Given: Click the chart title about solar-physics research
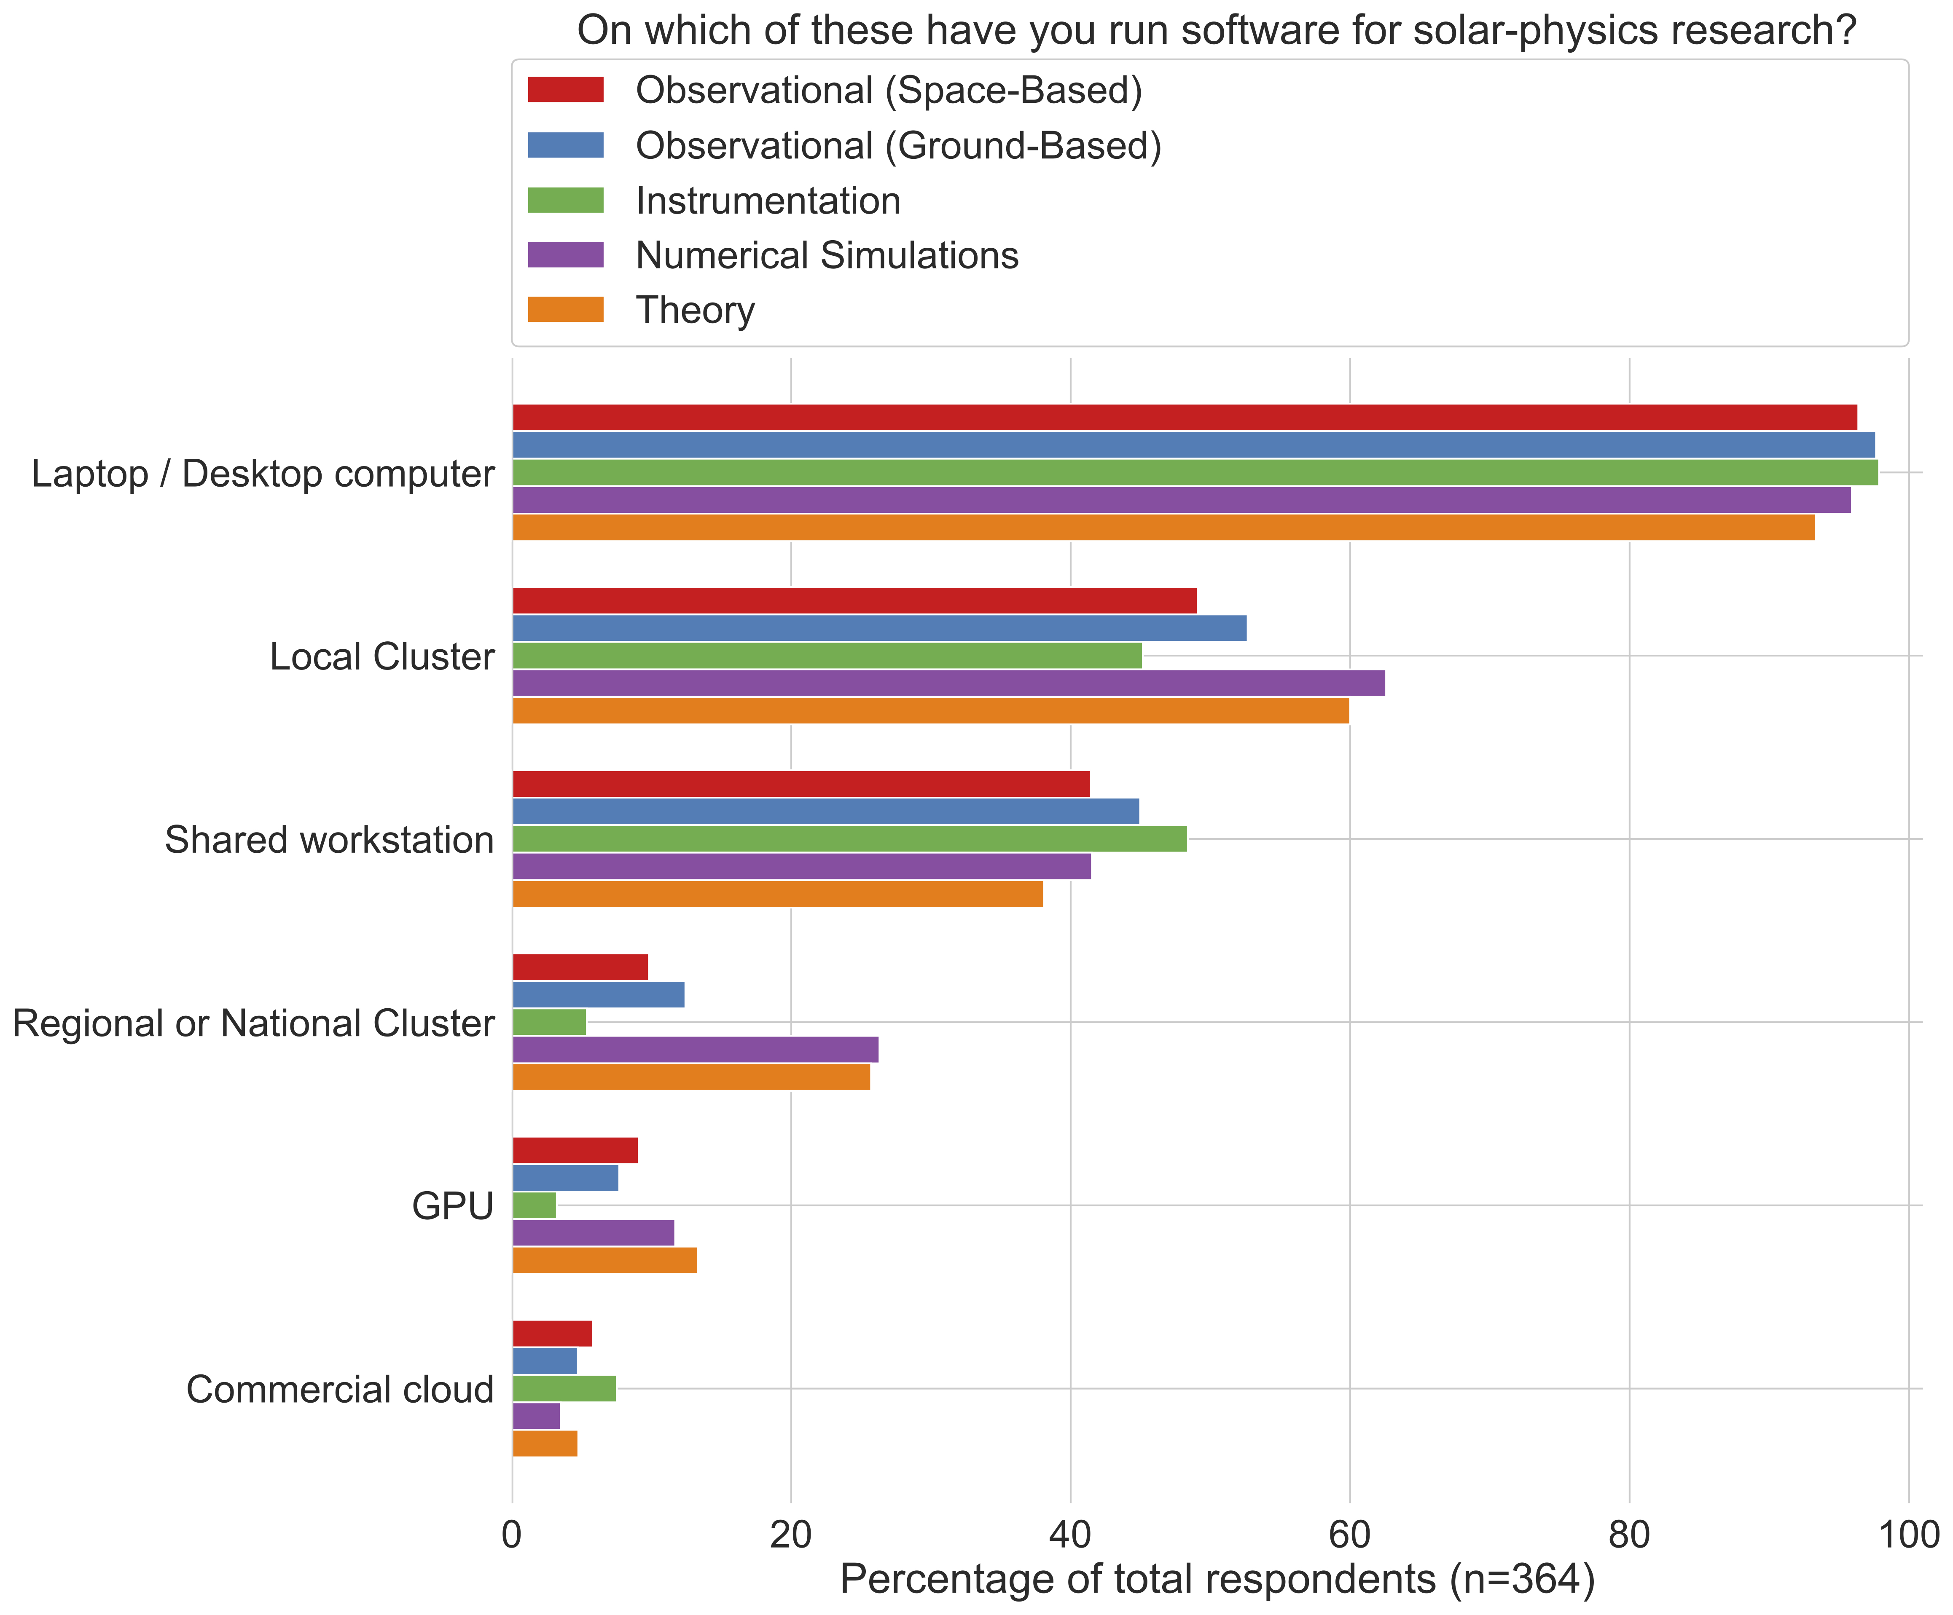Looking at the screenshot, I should point(1217,31).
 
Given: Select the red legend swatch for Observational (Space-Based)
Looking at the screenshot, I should point(565,90).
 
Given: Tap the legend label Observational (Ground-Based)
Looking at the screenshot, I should point(898,146).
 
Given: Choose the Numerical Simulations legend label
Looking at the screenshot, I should point(827,256).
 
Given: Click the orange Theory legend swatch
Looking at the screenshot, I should point(565,310).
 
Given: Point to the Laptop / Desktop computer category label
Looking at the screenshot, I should point(262,474).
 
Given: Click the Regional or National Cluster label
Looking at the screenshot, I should point(253,1024).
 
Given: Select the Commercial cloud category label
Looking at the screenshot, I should point(339,1390).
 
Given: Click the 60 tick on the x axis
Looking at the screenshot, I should point(1349,1535).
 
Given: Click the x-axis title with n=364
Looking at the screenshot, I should point(1217,1580).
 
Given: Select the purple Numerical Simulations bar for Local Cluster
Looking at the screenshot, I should point(948,683).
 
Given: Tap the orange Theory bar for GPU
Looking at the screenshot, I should point(604,1261).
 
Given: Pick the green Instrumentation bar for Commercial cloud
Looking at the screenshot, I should point(564,1389).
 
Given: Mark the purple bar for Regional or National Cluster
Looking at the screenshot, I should point(695,1050).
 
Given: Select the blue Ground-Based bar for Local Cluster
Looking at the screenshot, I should point(879,629).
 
